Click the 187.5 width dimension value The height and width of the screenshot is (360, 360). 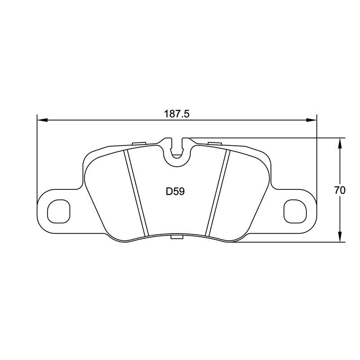177,114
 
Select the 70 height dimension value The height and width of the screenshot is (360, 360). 340,190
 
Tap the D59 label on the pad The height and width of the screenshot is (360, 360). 175,191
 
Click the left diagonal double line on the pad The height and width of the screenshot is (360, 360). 136,193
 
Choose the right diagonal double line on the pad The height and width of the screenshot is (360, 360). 217,193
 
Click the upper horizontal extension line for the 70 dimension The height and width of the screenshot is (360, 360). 270,138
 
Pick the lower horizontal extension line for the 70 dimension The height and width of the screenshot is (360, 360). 288,242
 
